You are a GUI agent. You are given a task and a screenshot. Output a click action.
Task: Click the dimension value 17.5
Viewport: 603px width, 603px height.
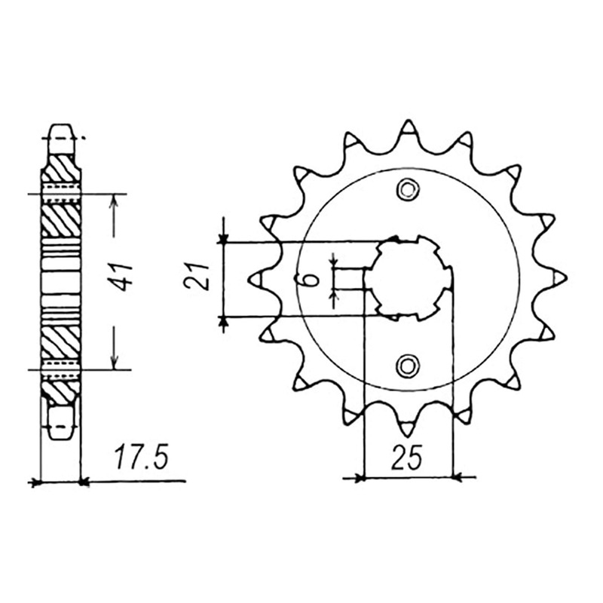click(142, 458)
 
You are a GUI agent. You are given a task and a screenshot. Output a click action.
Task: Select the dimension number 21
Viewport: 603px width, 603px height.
click(197, 277)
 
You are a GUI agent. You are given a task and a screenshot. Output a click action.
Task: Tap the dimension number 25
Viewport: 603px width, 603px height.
click(407, 458)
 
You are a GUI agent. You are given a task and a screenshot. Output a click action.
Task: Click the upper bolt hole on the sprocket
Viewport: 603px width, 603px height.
click(408, 190)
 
